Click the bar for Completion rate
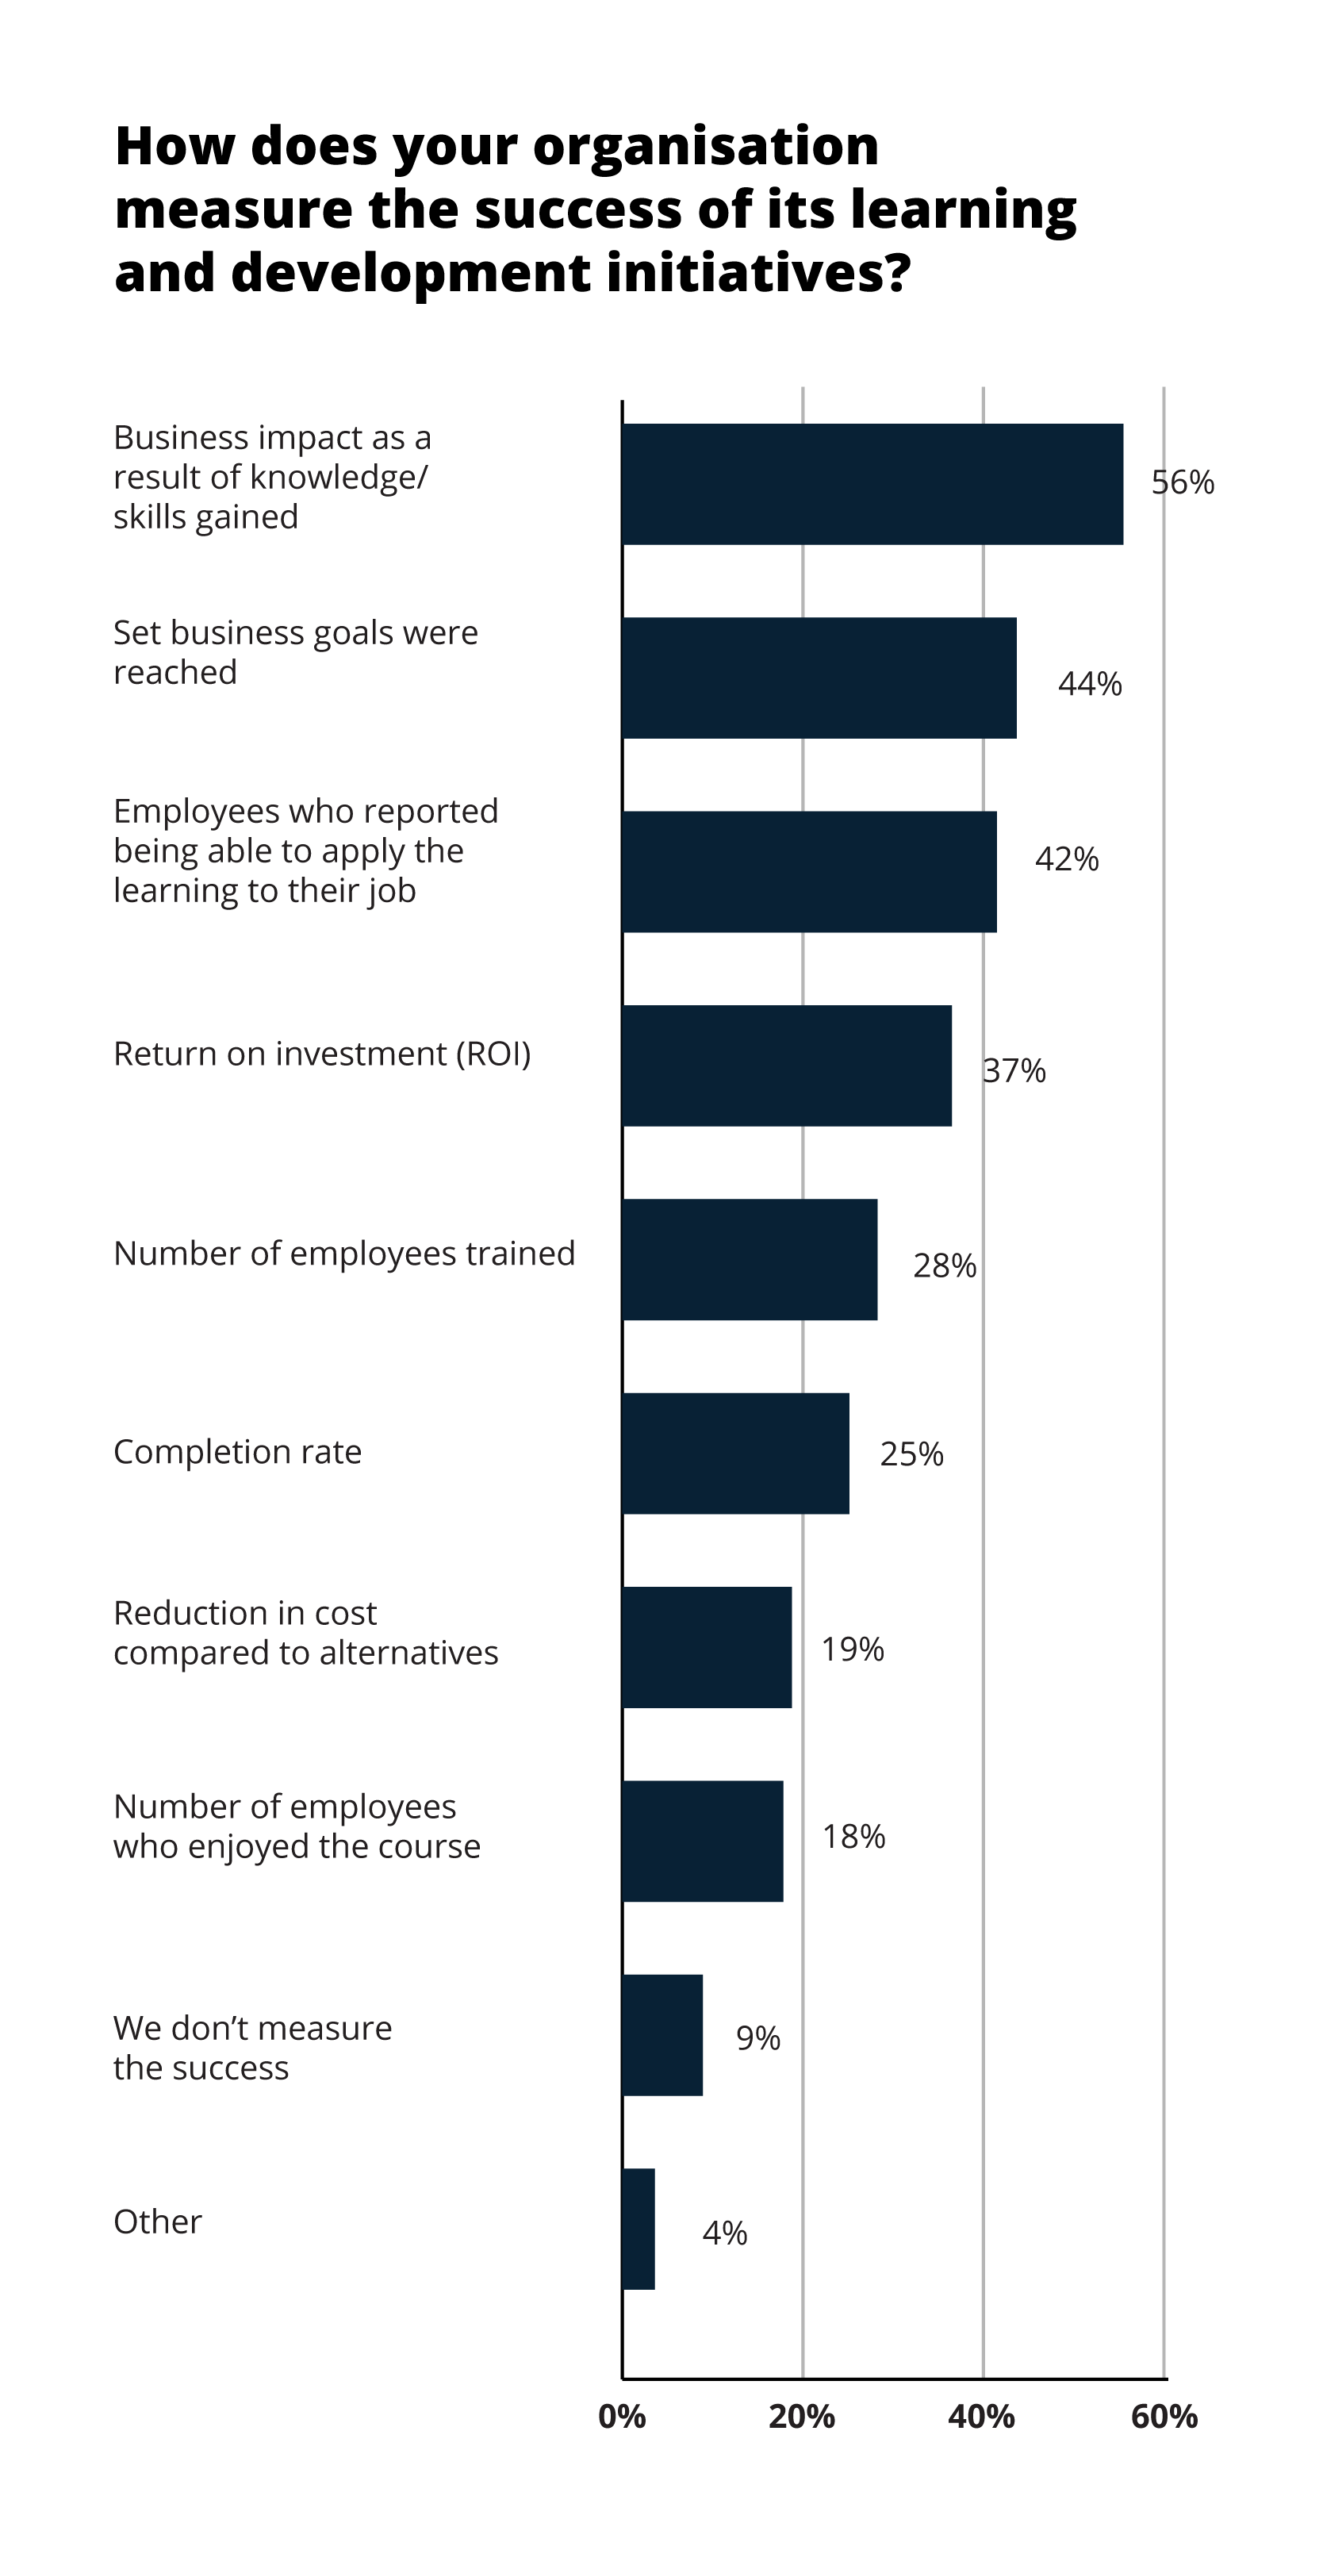(x=736, y=1454)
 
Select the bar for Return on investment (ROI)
(x=787, y=1066)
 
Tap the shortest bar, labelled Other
(x=638, y=2229)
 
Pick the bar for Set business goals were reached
(x=819, y=678)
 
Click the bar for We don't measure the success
(x=662, y=2034)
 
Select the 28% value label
(x=944, y=1266)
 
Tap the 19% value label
(x=852, y=1649)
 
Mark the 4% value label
(x=724, y=2233)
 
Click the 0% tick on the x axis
(x=621, y=2417)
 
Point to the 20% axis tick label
(x=802, y=2417)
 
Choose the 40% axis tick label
(x=981, y=2417)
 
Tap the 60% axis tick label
(x=1164, y=2417)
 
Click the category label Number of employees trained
(x=344, y=1254)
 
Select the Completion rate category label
(x=238, y=1451)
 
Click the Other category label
(x=158, y=2222)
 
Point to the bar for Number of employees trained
(x=750, y=1260)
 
